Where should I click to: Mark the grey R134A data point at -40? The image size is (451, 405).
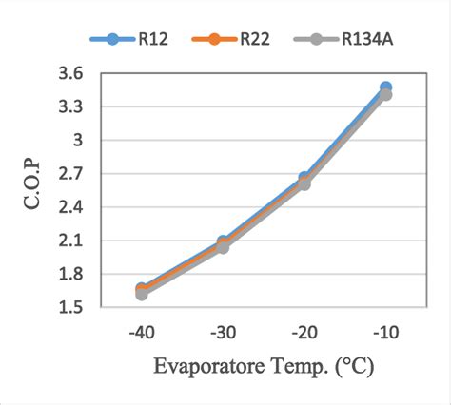(142, 293)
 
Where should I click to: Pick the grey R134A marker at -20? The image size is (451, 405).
(304, 183)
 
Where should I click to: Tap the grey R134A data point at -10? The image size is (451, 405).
(385, 94)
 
